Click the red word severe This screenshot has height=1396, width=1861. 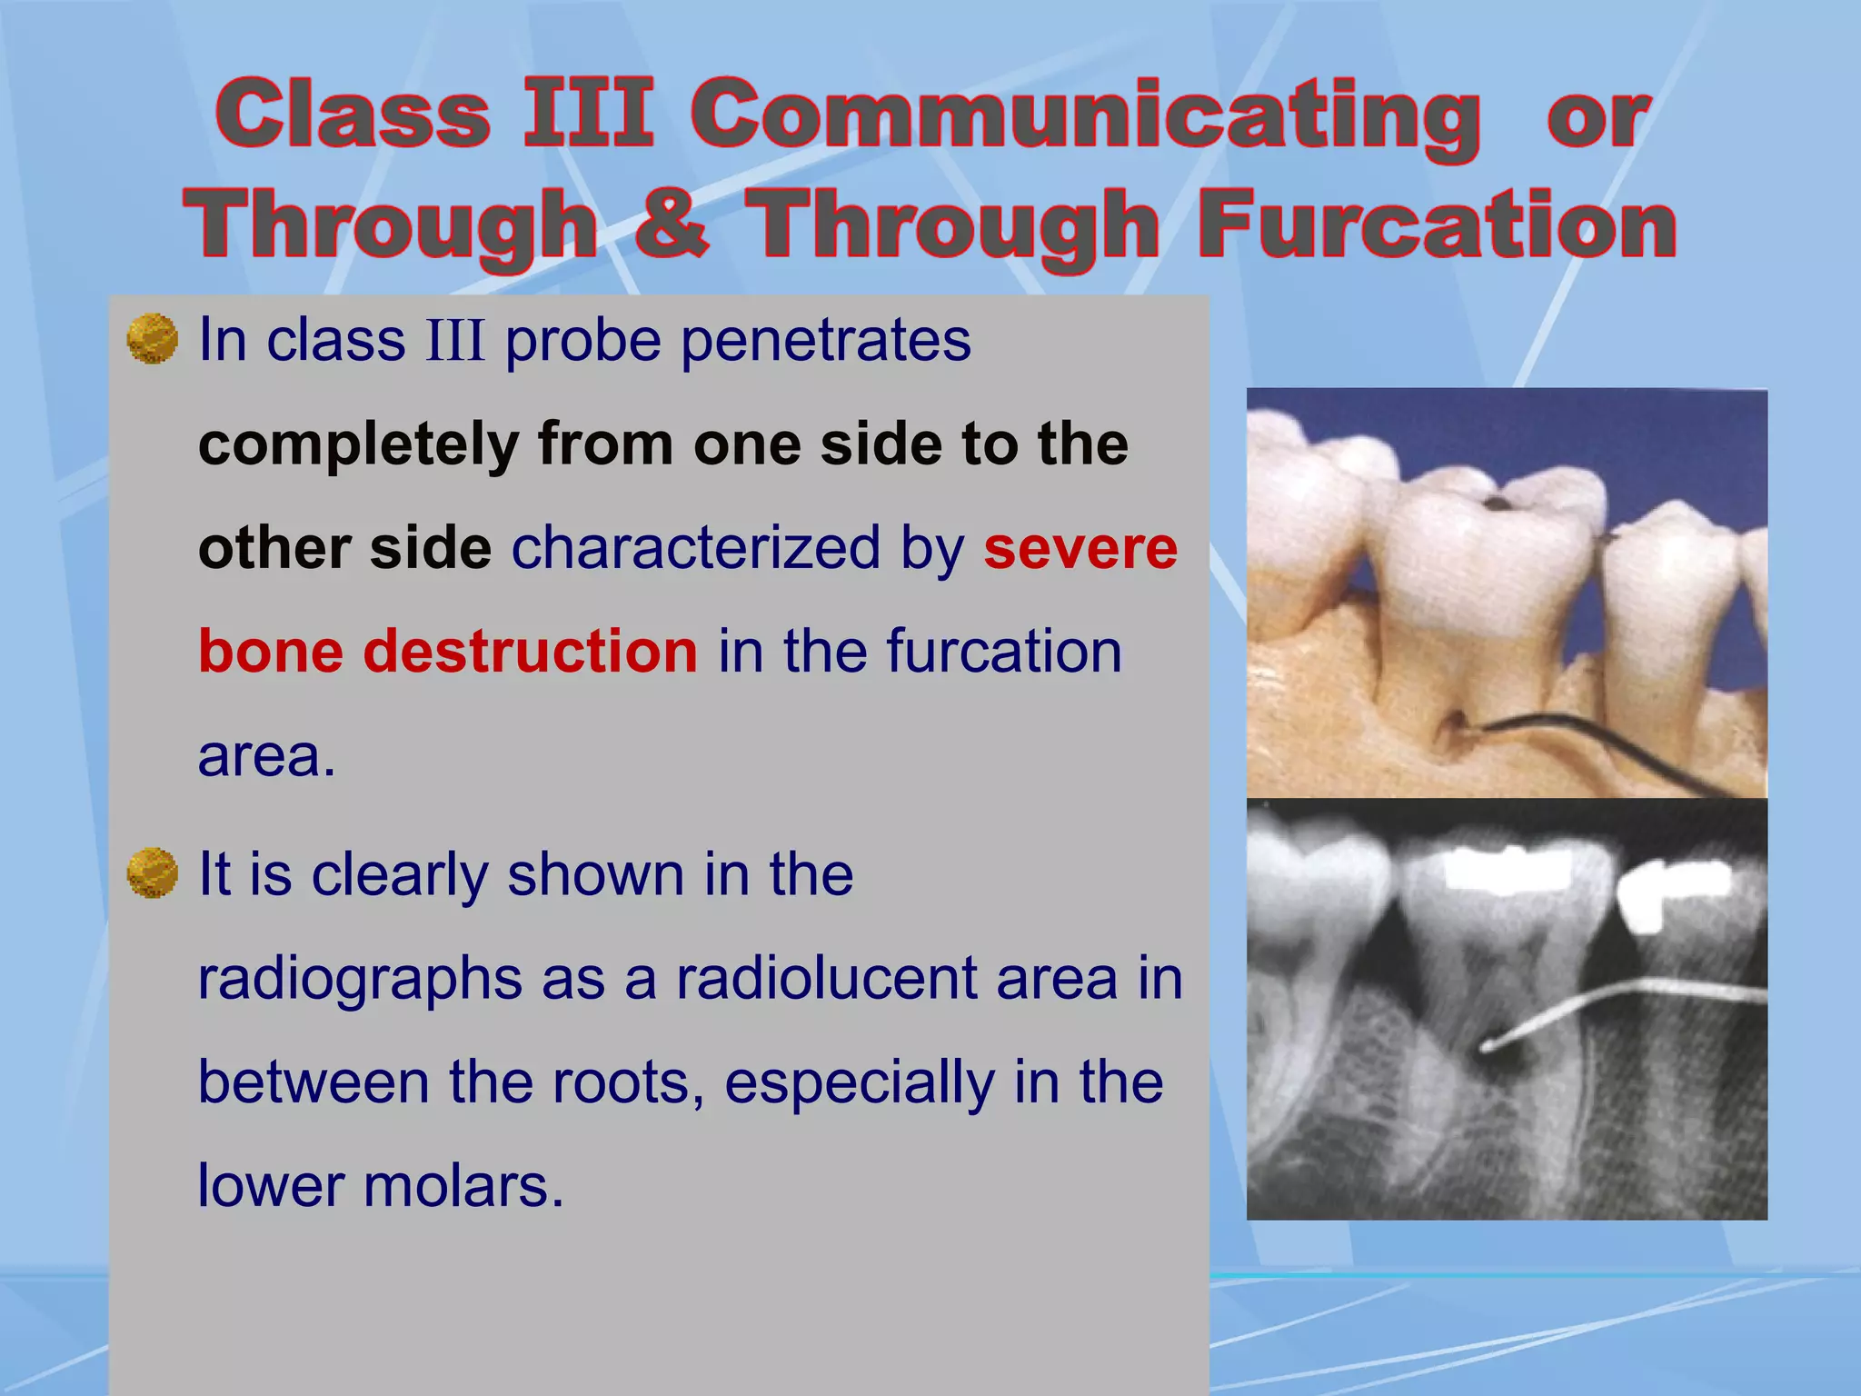1080,549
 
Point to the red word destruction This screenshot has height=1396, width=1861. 530,652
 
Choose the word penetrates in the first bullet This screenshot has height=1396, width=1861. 826,341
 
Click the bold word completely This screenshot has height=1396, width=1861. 358,445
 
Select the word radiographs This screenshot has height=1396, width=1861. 360,981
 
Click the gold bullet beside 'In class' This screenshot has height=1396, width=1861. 152,339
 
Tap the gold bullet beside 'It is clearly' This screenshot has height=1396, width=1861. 152,873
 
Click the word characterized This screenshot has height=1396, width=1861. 696,549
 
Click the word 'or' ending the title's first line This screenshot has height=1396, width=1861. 1597,118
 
